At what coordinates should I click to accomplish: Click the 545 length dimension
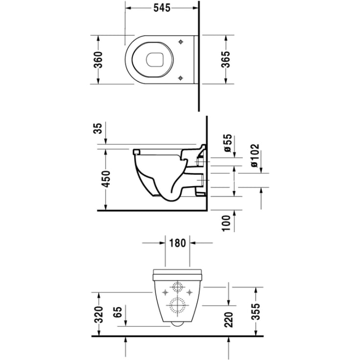pos(162,8)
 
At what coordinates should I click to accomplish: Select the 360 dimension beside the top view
pos(98,60)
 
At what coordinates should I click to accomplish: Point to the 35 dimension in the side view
pos(98,128)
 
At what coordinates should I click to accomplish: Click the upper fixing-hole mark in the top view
pos(181,42)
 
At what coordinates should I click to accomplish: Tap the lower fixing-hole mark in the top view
pos(181,77)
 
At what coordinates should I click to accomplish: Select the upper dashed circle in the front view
pos(177,288)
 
